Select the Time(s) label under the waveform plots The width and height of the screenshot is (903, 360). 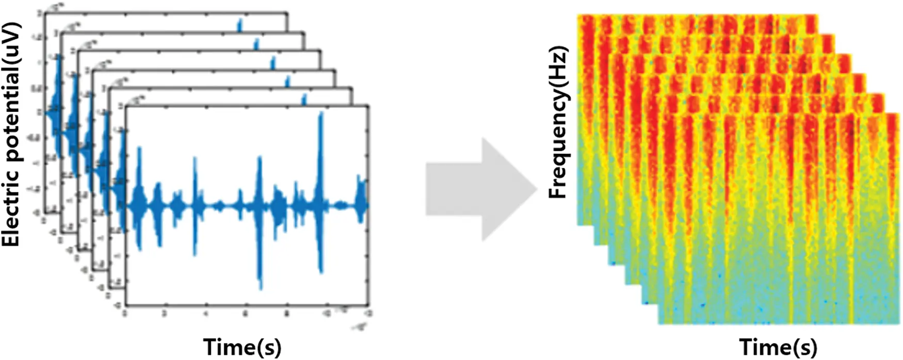point(243,347)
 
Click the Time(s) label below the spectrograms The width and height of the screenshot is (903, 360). point(779,347)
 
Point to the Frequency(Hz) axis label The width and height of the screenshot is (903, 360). point(558,122)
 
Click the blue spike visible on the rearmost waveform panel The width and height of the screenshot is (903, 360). point(239,25)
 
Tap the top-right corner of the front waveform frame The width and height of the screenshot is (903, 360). point(368,106)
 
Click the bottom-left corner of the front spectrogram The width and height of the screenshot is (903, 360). point(659,324)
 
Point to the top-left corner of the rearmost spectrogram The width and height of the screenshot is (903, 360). point(578,15)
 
